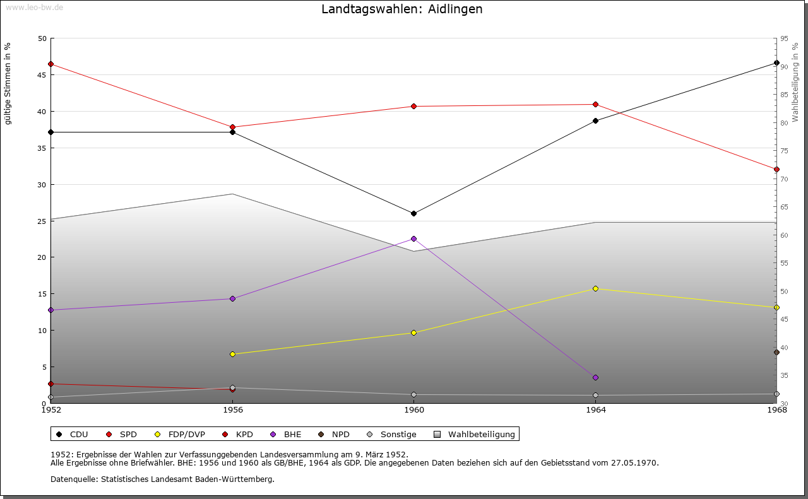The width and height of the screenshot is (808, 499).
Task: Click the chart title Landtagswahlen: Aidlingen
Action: tap(402, 9)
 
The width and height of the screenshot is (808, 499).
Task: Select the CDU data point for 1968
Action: tap(776, 63)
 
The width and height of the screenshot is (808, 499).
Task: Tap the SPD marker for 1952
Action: tap(50, 64)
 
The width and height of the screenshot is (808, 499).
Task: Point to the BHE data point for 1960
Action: tap(414, 239)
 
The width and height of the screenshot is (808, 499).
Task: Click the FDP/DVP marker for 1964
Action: tap(595, 289)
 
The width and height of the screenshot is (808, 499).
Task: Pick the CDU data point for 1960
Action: tap(414, 214)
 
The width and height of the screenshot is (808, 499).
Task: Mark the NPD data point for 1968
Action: tap(776, 353)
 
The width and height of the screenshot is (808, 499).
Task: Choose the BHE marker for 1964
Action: tap(595, 378)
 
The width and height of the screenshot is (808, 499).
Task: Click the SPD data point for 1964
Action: tap(595, 105)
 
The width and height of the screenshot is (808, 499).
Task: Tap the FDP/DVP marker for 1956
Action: tap(232, 355)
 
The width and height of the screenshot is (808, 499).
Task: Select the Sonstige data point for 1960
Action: tap(414, 395)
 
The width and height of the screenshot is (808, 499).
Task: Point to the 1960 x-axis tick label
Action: tap(414, 410)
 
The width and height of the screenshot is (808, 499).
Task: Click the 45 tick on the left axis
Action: tap(42, 75)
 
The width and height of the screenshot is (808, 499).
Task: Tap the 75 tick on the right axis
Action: tap(784, 151)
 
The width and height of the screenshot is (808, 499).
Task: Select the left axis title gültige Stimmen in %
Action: tap(8, 84)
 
